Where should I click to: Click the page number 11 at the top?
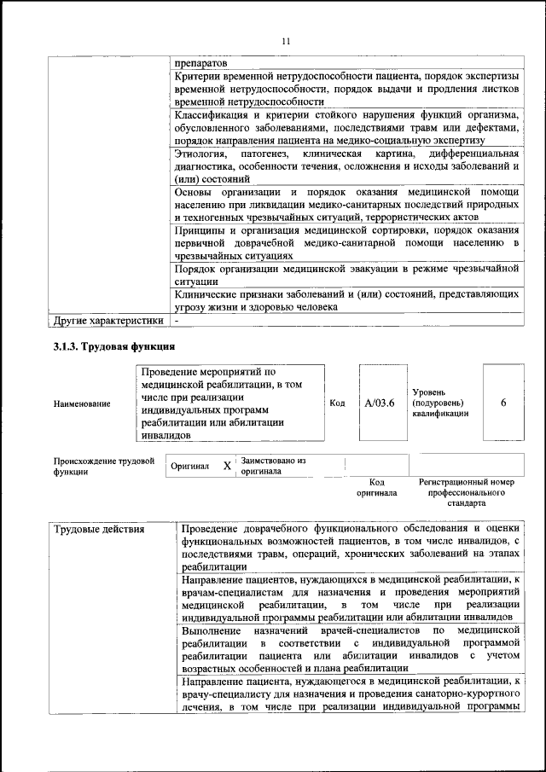286,40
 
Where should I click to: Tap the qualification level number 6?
503,403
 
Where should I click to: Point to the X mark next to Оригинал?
226,466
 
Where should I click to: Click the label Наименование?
81,403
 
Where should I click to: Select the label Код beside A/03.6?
337,403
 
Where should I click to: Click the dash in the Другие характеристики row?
177,322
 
